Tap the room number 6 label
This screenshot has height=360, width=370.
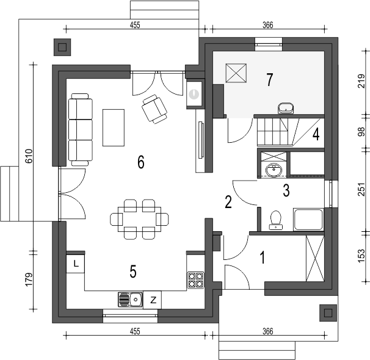(x=140, y=162)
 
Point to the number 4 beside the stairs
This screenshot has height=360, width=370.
(x=316, y=134)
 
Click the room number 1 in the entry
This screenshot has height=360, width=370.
(x=263, y=257)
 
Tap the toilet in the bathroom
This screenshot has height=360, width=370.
(x=275, y=220)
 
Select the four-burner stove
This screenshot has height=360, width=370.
(x=195, y=280)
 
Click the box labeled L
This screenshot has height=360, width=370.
(x=75, y=264)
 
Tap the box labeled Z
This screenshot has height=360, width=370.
(x=153, y=300)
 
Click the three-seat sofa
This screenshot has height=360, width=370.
(x=79, y=129)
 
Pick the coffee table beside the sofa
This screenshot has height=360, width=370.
(x=114, y=127)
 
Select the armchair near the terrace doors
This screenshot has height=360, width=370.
(x=154, y=109)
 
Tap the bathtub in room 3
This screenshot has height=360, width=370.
(x=308, y=220)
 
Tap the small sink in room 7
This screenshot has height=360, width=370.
(x=286, y=109)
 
